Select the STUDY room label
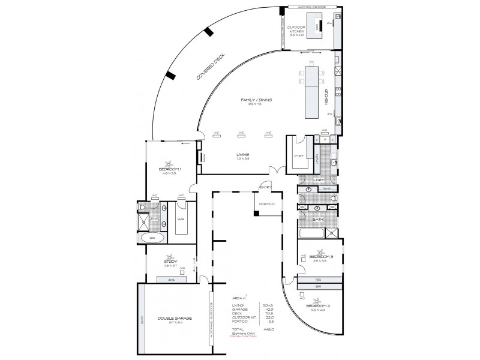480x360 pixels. click(x=170, y=262)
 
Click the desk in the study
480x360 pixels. click(x=171, y=280)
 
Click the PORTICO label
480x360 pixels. click(x=266, y=205)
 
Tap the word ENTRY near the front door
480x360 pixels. click(x=265, y=187)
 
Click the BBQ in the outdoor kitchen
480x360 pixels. click(x=320, y=26)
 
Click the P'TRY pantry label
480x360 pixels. click(x=298, y=157)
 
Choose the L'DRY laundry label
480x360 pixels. click(x=318, y=179)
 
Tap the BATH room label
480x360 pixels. click(x=317, y=220)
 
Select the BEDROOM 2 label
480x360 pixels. click(x=318, y=306)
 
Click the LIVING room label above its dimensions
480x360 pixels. click(x=242, y=155)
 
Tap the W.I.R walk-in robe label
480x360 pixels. click(x=180, y=220)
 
